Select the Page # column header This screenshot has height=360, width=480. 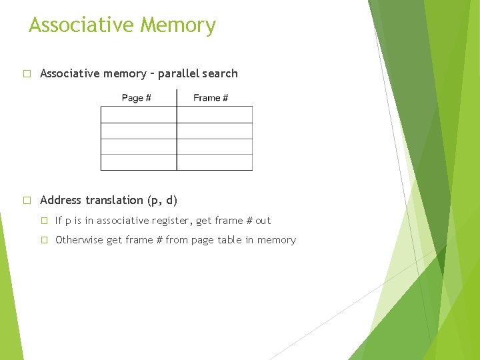pos(136,98)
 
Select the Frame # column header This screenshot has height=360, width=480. pos(211,98)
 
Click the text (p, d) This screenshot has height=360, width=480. pos(162,200)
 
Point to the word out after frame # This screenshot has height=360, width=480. pos(263,221)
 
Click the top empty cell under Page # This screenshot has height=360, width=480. pos(139,115)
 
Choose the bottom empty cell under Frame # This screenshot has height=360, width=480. pos(215,162)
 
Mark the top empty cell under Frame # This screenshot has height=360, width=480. pos(215,115)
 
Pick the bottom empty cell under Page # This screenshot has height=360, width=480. pos(139,162)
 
